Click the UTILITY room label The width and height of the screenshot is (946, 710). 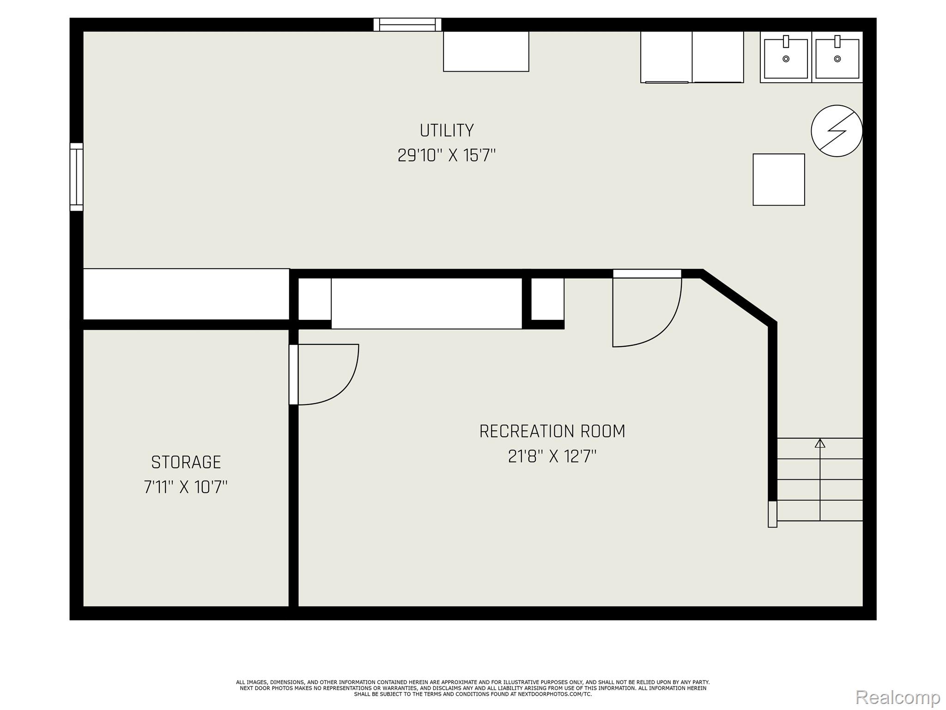click(447, 130)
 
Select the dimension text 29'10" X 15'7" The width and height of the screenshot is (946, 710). click(447, 155)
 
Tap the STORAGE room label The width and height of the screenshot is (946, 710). click(186, 462)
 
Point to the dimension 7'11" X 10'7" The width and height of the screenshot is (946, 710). click(186, 487)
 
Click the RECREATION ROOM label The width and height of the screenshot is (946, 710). click(552, 431)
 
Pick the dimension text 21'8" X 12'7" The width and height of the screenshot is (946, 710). click(552, 456)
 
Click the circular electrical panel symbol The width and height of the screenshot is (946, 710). click(837, 131)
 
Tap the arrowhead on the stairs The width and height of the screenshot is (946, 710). click(820, 443)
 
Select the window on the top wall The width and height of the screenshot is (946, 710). click(407, 24)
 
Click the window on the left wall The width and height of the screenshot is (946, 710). click(77, 177)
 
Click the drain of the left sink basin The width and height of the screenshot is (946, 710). click(786, 59)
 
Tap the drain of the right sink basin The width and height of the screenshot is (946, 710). click(837, 59)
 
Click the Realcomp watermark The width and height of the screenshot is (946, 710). click(897, 697)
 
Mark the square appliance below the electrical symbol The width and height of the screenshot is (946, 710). click(779, 179)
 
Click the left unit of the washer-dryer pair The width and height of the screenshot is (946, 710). click(666, 57)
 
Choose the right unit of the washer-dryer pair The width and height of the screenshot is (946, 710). click(718, 57)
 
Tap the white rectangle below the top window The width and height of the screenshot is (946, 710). click(486, 51)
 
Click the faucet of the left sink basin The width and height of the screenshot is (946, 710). click(786, 42)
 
